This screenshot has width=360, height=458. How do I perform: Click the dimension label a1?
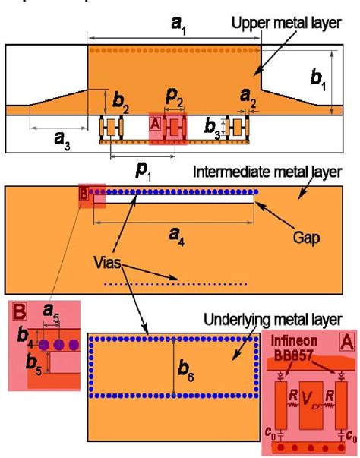176,26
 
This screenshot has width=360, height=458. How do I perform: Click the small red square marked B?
84,194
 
